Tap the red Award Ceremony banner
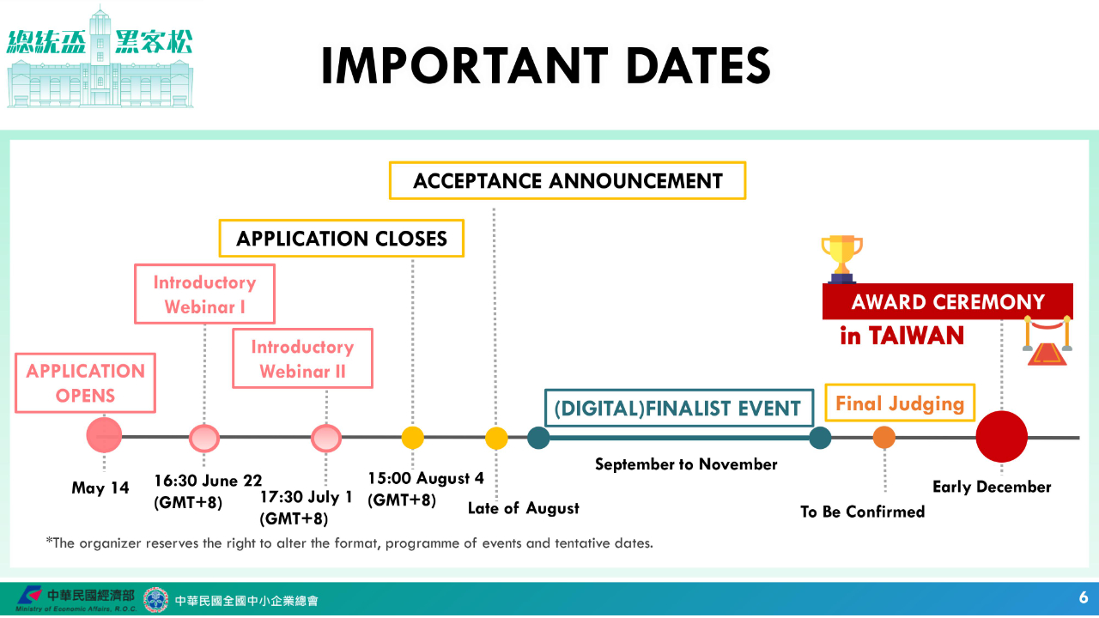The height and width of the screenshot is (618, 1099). coord(947,301)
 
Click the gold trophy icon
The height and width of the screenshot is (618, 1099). coord(842,259)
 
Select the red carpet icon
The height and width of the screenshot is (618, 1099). coord(1047,342)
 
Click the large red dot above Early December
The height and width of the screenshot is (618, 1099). coord(1001,437)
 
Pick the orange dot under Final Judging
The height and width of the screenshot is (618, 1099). coord(884,437)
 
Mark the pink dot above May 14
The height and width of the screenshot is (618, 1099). coord(104,435)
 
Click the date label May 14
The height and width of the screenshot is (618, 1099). coord(100,488)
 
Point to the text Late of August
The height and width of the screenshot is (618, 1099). coord(524,508)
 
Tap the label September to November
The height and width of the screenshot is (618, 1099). coord(686,464)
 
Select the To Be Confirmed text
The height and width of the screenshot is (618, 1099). coord(863,512)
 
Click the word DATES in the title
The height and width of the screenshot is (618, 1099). coord(699,66)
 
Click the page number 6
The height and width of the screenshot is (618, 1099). coord(1084,597)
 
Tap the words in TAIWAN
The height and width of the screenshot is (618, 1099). coord(902,336)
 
